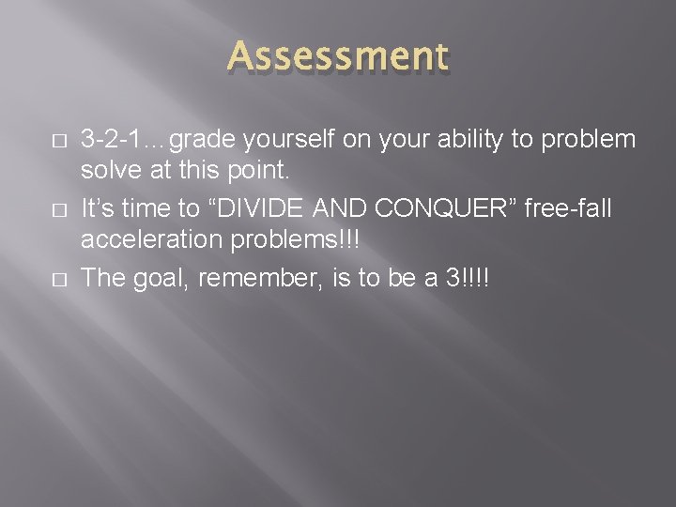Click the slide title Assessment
tap(338, 56)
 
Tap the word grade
tap(206, 140)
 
